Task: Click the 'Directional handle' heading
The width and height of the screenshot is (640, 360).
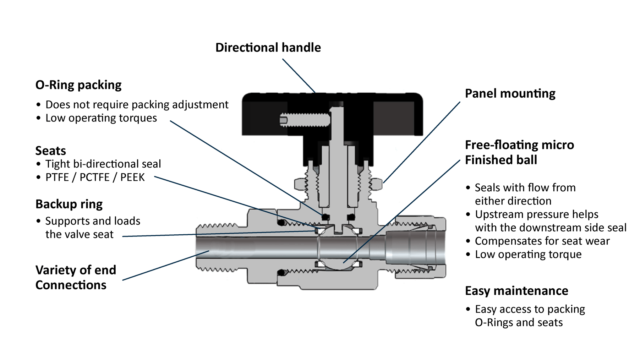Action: click(x=268, y=48)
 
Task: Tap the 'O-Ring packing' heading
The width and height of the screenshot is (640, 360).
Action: click(x=78, y=85)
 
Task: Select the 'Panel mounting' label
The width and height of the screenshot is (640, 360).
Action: click(x=510, y=93)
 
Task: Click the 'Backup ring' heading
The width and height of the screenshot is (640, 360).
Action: click(x=69, y=204)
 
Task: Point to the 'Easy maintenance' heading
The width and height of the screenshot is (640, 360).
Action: click(x=516, y=291)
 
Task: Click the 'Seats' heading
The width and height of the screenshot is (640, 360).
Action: click(x=51, y=151)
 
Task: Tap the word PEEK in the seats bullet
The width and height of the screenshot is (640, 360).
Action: click(x=132, y=177)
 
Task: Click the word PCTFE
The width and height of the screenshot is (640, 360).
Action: click(x=94, y=177)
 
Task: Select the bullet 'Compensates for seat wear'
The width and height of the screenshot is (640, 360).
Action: click(x=542, y=241)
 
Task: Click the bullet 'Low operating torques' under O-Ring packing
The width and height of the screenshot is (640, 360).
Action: click(x=101, y=118)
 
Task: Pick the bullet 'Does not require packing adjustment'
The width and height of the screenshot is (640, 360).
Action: click(x=137, y=104)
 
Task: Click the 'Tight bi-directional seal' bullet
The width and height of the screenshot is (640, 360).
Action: click(x=103, y=164)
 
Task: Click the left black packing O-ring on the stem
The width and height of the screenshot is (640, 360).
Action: click(x=325, y=217)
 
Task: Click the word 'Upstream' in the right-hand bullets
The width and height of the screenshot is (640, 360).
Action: click(x=497, y=214)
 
